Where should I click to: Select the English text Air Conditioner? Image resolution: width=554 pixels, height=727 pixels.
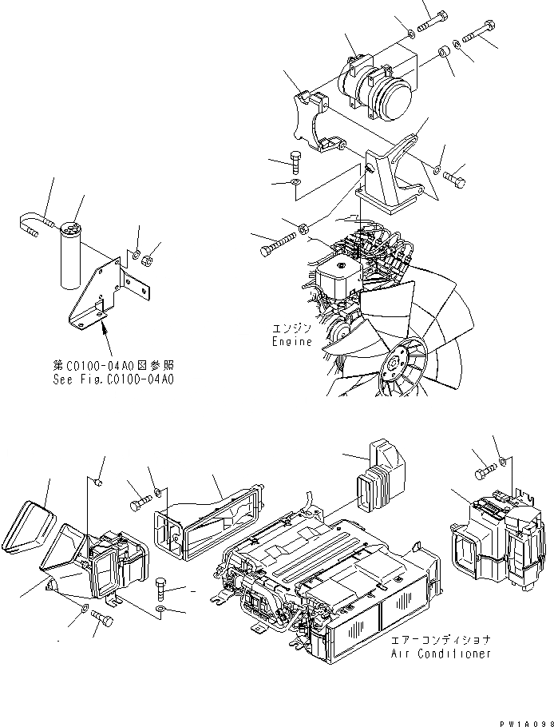coord(441,654)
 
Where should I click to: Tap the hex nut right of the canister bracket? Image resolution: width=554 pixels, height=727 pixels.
coord(147,260)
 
